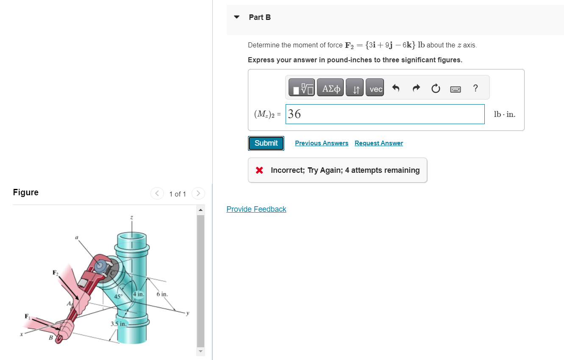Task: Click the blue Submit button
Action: click(266, 143)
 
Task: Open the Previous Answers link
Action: click(322, 143)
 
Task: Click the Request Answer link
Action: click(379, 143)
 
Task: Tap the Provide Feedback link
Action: click(256, 209)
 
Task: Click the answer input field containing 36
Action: click(385, 114)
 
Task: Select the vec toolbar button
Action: click(375, 87)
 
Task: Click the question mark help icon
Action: click(475, 88)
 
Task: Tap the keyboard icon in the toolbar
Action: click(455, 89)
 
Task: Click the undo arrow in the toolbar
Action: click(395, 88)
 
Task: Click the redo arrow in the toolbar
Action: click(416, 88)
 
